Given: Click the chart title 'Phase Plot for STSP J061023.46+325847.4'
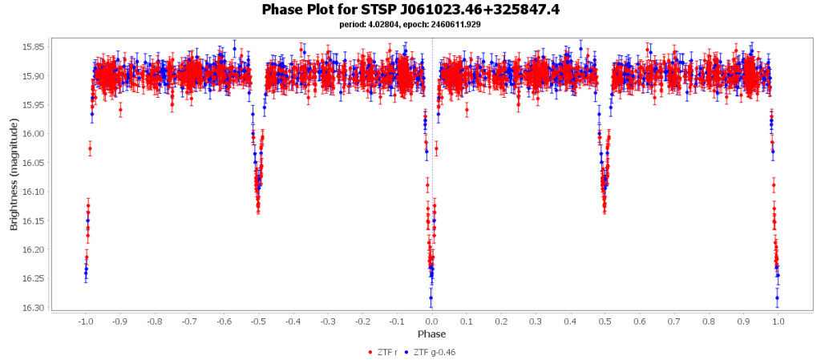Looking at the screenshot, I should click(410, 10).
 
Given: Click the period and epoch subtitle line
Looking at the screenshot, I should click(410, 25).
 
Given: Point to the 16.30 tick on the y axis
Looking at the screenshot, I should click(34, 308).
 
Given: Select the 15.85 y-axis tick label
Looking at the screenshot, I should click(34, 47).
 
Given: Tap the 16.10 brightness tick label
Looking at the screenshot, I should click(34, 192).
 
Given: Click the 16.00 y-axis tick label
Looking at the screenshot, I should click(34, 134).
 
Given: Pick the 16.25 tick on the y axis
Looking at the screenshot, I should click(34, 279).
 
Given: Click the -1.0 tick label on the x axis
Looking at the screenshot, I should click(84, 322).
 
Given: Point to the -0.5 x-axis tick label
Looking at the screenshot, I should click(257, 322).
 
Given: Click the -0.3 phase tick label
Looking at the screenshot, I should click(327, 322).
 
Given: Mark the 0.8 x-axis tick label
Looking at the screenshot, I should click(709, 322).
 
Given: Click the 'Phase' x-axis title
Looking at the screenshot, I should click(431, 334).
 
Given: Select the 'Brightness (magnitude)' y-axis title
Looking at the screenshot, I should click(14, 174).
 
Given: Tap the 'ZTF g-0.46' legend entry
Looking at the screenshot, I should click(433, 352).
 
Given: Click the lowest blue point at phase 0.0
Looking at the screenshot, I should click(431, 298).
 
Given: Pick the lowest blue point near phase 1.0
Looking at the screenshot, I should click(777, 298).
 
